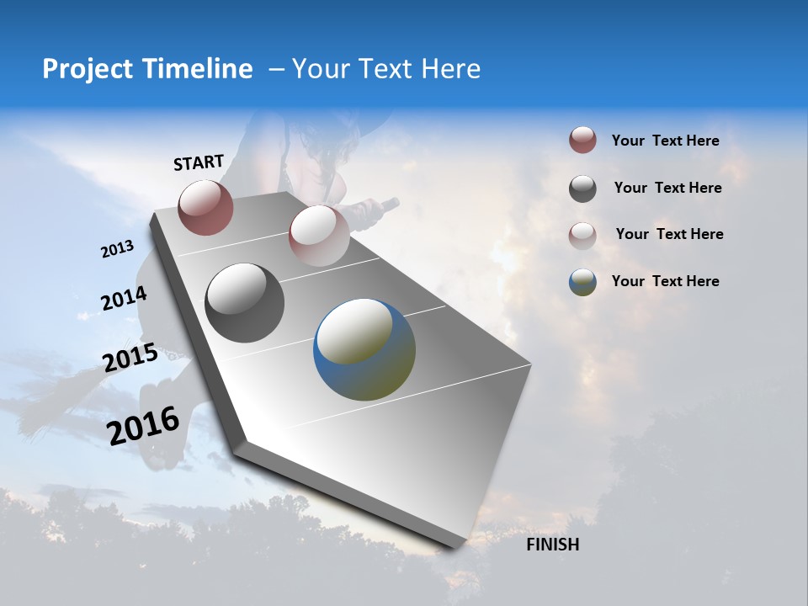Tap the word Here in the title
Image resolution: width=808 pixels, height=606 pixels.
450,69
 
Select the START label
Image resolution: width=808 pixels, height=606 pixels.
199,162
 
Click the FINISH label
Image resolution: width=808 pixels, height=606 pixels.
552,545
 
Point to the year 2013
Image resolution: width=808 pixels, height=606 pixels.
117,249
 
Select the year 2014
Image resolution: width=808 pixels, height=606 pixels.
124,299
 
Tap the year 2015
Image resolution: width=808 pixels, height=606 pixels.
130,358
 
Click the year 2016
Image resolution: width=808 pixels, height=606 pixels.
143,425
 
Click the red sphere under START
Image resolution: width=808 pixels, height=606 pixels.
205,207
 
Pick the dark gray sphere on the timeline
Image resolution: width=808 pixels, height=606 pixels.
245,303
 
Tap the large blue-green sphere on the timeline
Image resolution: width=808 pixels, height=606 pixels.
364,349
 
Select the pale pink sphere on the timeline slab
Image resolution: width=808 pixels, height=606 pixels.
319,236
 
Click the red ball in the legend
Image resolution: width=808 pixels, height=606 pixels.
582,141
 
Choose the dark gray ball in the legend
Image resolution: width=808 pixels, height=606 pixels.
582,189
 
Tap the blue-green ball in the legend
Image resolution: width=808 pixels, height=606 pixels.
582,282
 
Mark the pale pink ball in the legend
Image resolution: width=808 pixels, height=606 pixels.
582,236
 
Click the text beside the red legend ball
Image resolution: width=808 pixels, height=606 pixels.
665,141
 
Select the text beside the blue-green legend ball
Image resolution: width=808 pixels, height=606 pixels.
665,281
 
